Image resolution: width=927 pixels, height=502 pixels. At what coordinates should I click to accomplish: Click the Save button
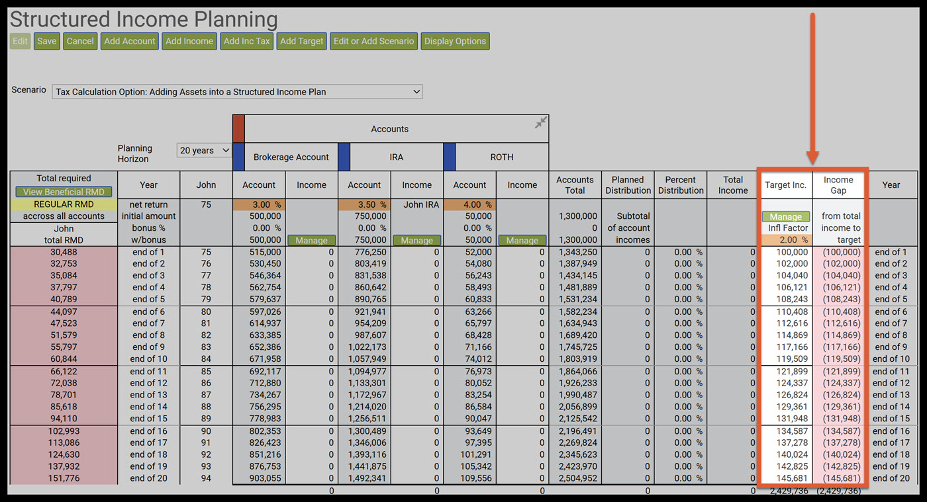[x=46, y=41]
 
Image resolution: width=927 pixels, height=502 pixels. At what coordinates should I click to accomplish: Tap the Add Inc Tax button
[x=246, y=41]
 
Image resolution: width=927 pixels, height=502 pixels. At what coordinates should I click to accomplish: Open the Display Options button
[x=455, y=41]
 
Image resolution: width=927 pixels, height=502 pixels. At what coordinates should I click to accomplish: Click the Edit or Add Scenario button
[x=373, y=41]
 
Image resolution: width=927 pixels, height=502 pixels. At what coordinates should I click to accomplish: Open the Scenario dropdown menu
[x=237, y=92]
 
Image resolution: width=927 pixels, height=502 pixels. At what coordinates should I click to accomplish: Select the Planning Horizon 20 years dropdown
[x=204, y=151]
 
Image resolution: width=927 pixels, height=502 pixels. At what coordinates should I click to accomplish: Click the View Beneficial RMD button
[x=64, y=192]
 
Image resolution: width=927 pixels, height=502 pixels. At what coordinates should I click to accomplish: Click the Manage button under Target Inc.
[x=785, y=217]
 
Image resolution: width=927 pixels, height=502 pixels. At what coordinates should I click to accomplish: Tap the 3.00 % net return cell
[x=259, y=205]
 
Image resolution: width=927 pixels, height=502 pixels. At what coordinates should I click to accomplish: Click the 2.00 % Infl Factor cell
[x=785, y=240]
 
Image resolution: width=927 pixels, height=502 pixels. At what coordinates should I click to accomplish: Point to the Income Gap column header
[x=838, y=185]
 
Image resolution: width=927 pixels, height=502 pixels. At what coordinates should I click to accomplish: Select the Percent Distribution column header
[x=680, y=185]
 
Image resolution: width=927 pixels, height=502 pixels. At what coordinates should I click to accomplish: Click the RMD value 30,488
[x=64, y=252]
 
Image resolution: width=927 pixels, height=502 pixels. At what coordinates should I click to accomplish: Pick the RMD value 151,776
[x=64, y=479]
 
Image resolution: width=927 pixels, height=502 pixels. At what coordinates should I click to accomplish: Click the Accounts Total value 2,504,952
[x=575, y=479]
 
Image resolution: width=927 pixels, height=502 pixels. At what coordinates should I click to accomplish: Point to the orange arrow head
[x=812, y=158]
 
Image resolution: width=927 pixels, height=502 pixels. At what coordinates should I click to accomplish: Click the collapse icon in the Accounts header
[x=541, y=122]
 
